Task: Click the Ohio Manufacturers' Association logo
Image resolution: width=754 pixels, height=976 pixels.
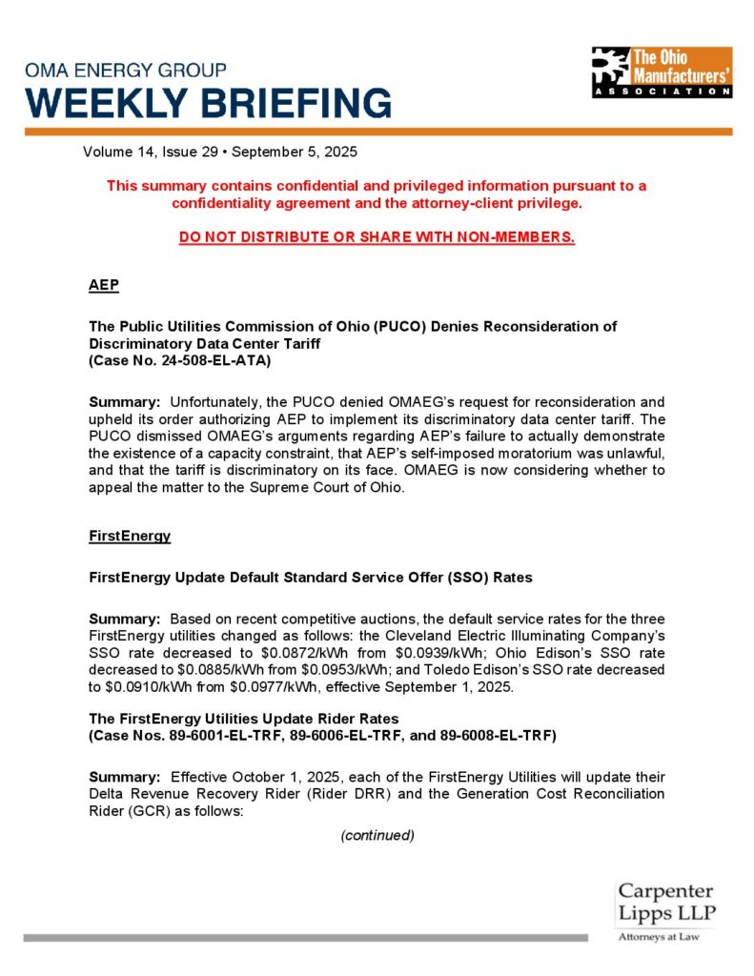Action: pos(661,71)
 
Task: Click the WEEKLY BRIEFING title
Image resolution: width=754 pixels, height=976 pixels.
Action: pos(208,102)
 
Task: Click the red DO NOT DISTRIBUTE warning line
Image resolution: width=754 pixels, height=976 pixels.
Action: pos(377,237)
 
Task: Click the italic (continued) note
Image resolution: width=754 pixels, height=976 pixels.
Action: pos(377,835)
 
